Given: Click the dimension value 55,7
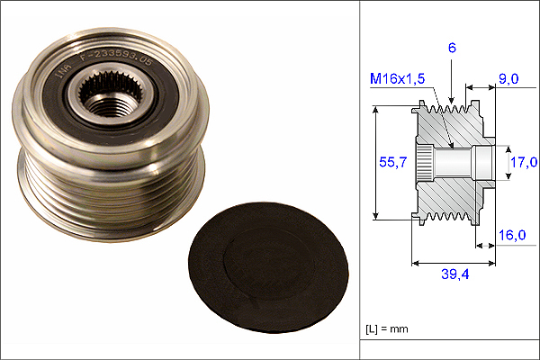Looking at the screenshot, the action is click(392, 162).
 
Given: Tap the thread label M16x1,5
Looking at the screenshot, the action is click(397, 79).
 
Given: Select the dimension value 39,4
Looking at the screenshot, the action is click(454, 274).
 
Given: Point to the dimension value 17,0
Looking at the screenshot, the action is click(524, 162).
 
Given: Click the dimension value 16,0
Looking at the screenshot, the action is click(512, 235).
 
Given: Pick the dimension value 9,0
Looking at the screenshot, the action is click(508, 79).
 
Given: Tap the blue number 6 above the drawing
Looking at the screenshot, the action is click(452, 48).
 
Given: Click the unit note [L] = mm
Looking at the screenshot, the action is click(387, 329).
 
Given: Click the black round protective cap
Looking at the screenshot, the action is click(267, 268).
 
